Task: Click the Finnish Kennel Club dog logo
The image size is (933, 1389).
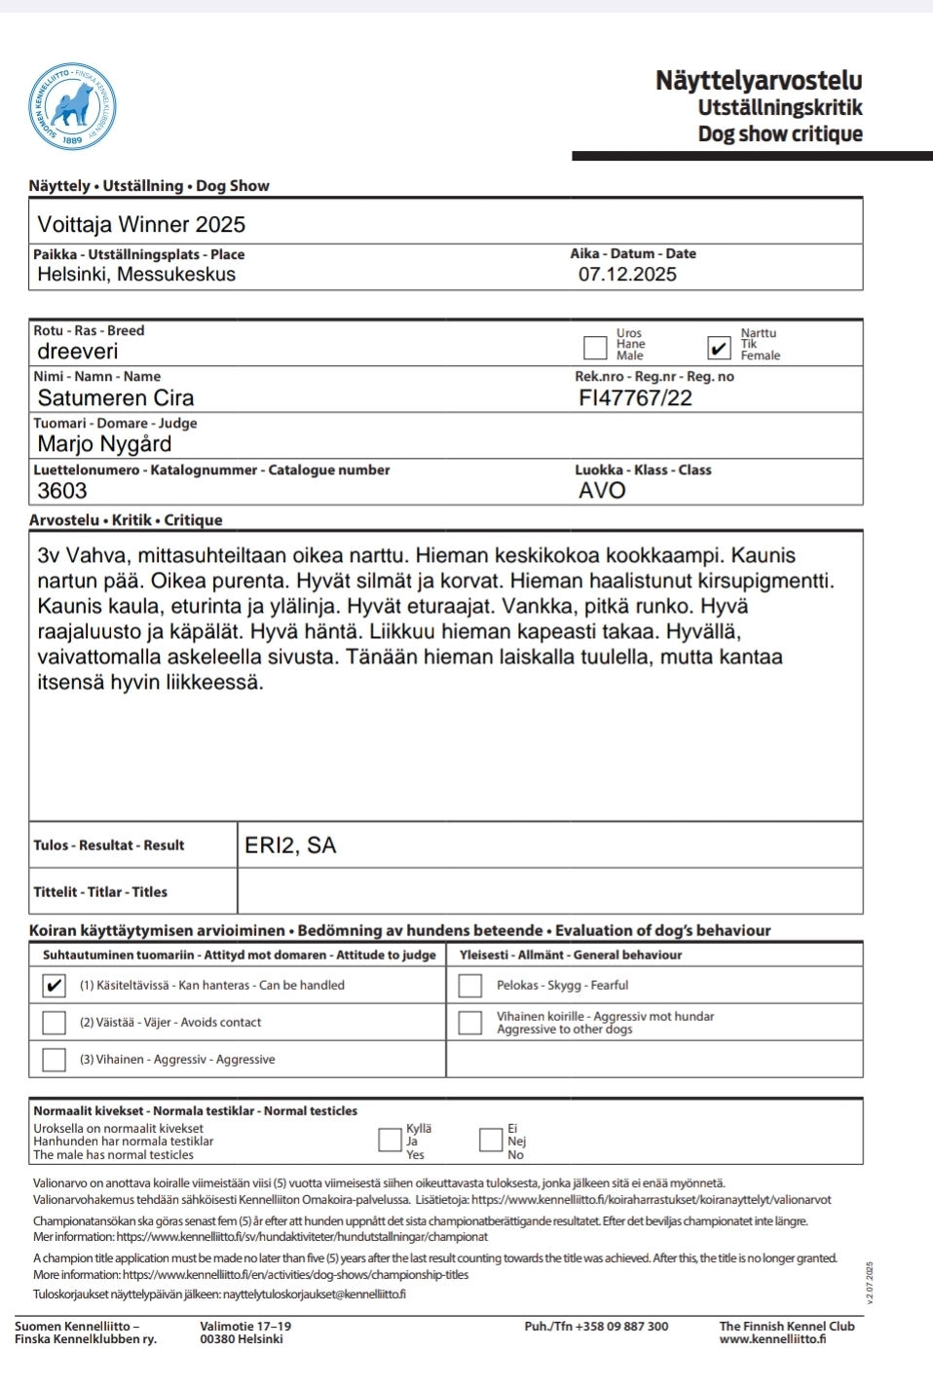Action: point(72,105)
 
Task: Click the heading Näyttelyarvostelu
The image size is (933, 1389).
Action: point(758,80)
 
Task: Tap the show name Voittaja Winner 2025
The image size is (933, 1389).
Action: point(141,224)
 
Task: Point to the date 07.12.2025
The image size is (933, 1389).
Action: point(627,274)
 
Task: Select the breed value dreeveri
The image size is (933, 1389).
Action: point(78,351)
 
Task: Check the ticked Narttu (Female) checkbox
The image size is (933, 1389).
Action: point(719,348)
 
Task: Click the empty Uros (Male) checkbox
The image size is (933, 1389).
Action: point(595,347)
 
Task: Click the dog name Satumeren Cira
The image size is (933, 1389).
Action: point(116,397)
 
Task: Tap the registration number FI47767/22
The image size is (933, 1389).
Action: point(635,397)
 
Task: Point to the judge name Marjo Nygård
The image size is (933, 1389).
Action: point(104,444)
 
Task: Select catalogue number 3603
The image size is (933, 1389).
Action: point(62,491)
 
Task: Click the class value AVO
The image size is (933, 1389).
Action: point(602,490)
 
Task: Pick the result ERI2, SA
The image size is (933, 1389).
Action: point(290,845)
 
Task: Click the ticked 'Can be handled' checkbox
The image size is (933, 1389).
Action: point(55,986)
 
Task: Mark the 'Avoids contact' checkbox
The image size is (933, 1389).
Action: point(55,1023)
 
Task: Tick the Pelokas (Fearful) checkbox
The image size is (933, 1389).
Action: point(470,986)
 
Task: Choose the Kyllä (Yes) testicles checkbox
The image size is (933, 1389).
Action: point(390,1140)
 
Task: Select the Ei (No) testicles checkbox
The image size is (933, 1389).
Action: point(491,1140)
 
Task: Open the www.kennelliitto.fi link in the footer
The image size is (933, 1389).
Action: point(772,1339)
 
